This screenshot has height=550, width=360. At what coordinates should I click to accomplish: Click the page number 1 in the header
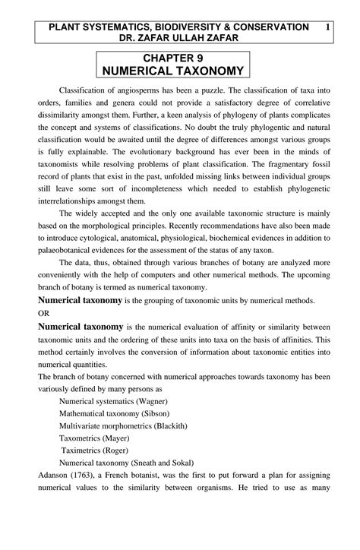pyautogui.click(x=327, y=27)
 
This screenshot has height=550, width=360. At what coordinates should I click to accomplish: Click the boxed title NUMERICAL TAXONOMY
pyautogui.click(x=179, y=71)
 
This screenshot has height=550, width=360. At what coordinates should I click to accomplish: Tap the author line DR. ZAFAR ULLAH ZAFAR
pyautogui.click(x=179, y=38)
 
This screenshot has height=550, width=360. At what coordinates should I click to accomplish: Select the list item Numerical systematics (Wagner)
pyautogui.click(x=113, y=400)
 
